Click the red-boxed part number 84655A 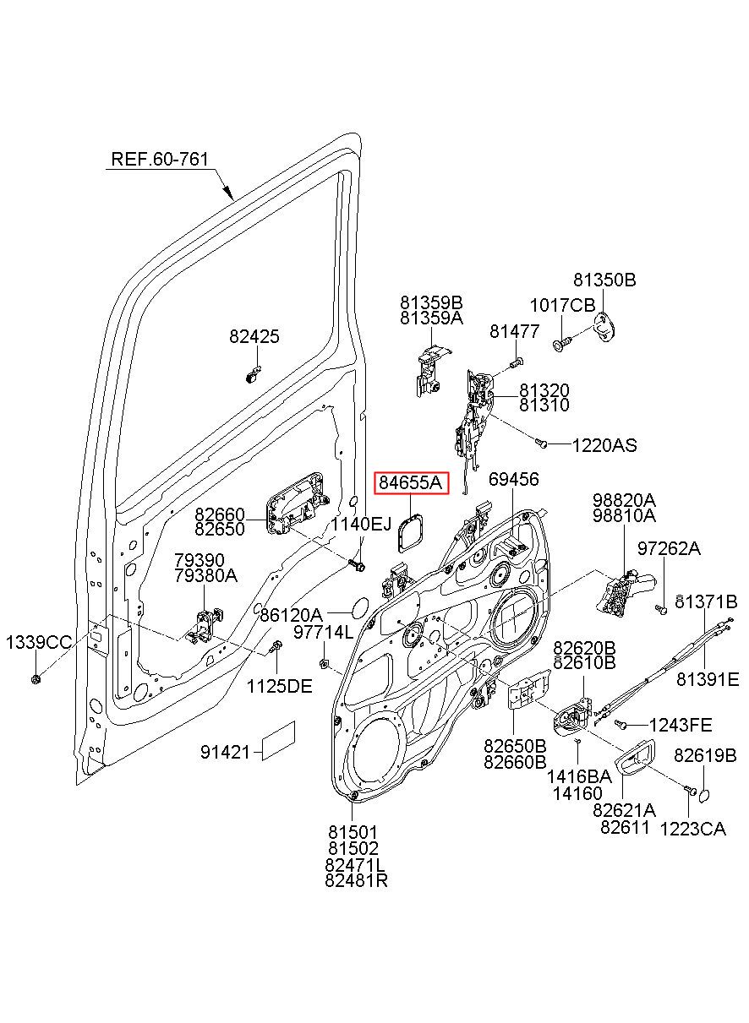pyautogui.click(x=411, y=482)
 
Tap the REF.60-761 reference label pyautogui.click(x=160, y=159)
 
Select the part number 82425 pyautogui.click(x=254, y=336)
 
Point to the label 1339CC pyautogui.click(x=39, y=643)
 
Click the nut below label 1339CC pyautogui.click(x=36, y=679)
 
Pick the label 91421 pyautogui.click(x=225, y=752)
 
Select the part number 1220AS pyautogui.click(x=604, y=445)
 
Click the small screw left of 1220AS pyautogui.click(x=541, y=443)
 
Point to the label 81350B pyautogui.click(x=604, y=280)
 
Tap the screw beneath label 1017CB pyautogui.click(x=561, y=344)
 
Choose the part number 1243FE pyautogui.click(x=681, y=725)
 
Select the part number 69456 pyautogui.click(x=513, y=479)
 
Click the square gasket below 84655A pyautogui.click(x=410, y=533)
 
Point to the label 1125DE pyautogui.click(x=279, y=685)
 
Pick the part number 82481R pyautogui.click(x=356, y=880)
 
